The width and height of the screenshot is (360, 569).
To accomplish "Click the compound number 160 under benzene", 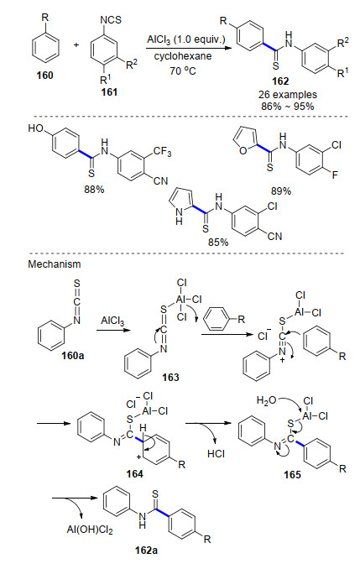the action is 45,76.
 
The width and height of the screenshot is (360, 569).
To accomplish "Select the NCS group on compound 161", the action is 111,19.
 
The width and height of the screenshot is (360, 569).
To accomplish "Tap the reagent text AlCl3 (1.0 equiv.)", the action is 186,39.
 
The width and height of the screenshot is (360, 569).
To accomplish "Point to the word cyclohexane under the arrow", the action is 183,56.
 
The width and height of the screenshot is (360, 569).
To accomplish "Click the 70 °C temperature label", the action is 183,70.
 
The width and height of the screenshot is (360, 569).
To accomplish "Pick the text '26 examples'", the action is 288,95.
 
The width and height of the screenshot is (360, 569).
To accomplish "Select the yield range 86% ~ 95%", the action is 288,107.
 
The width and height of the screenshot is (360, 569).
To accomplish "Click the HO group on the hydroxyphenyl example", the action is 35,128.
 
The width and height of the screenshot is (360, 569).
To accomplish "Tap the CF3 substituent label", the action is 162,151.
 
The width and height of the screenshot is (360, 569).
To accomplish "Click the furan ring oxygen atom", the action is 243,150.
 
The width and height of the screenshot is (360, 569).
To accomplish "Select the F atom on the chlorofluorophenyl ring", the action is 335,175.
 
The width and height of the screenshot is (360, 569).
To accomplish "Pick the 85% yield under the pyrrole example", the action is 218,242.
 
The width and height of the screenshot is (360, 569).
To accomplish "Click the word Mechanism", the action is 55,264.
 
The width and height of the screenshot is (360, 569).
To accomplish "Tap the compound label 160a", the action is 72,355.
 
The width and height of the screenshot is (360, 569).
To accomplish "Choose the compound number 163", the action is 170,378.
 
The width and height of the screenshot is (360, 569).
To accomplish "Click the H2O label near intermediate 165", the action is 267,400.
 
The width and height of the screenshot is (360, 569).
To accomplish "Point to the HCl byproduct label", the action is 216,453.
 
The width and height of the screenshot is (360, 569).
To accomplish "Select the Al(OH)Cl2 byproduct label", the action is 90,530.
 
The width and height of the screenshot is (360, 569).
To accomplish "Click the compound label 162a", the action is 146,551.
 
